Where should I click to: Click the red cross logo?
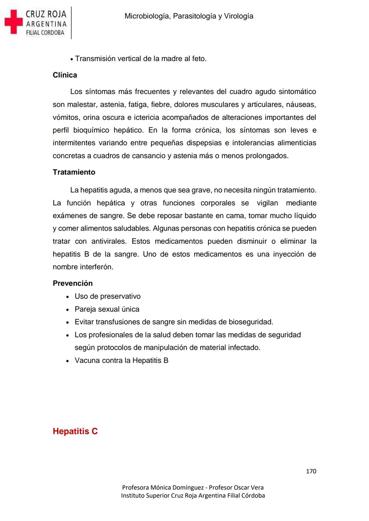tap(13, 22)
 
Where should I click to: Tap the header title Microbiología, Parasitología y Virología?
tap(189, 16)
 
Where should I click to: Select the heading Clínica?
tap(65, 75)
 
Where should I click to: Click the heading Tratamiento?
tap(74, 172)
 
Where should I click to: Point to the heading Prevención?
tap(72, 283)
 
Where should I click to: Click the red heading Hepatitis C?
tap(75, 431)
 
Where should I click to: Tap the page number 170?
tap(311, 471)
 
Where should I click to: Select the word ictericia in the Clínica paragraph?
tap(147, 117)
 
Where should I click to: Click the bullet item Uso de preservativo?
tap(108, 296)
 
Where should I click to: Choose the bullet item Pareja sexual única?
tap(107, 309)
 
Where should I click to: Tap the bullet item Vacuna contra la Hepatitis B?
tap(121, 361)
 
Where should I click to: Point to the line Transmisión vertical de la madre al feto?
tap(141, 59)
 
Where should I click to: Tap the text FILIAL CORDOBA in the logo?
tap(45, 33)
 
